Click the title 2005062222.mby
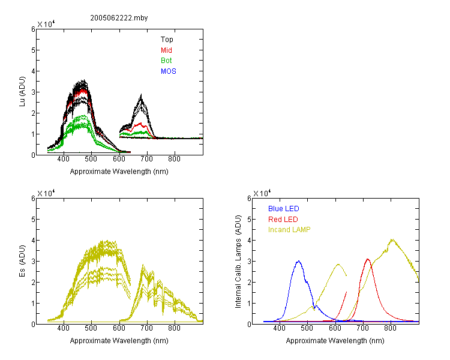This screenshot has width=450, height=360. tap(119, 18)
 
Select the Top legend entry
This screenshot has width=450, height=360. tap(167, 40)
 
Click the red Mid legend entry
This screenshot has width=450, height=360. tap(166, 50)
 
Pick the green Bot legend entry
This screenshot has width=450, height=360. tap(166, 61)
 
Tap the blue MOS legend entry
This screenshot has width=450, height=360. tap(169, 71)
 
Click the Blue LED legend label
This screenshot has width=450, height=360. tap(284, 209)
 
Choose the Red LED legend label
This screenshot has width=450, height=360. tap(283, 220)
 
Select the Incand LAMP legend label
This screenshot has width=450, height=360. tap(289, 230)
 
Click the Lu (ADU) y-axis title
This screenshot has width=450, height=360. tap(22, 92)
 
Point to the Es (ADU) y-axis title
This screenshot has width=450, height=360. tap(22, 261)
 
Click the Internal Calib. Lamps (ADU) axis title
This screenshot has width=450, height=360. tap(238, 262)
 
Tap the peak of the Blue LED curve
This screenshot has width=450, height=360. tap(298, 261)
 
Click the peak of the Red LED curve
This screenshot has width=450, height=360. tap(368, 259)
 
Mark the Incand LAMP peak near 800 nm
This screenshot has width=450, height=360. tap(392, 239)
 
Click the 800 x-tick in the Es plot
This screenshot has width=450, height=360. tap(174, 328)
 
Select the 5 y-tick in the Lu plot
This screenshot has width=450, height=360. tap(33, 50)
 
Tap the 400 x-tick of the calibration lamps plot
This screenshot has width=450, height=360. tap(280, 328)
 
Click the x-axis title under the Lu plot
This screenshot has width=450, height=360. tap(119, 172)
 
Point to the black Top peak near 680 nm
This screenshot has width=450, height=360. tap(141, 95)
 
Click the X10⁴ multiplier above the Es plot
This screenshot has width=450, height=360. tap(46, 193)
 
